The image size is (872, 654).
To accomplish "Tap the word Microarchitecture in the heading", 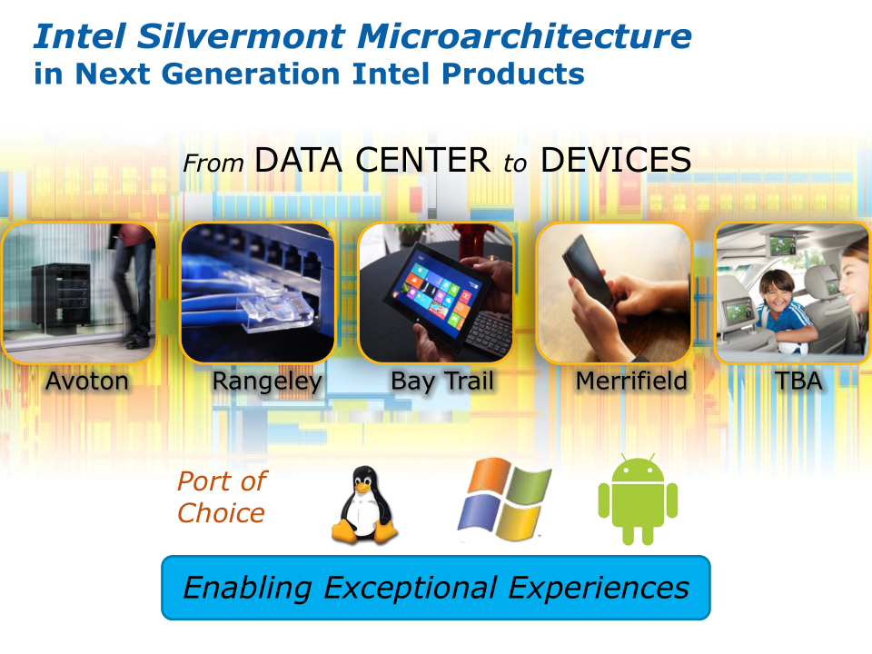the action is point(524,36).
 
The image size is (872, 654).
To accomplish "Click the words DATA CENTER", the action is point(372,160).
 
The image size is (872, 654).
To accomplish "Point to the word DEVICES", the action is point(616,160).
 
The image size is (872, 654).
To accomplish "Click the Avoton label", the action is point(87,381).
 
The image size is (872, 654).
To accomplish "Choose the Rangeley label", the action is point(267,382).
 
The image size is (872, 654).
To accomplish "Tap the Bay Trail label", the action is point(442,382).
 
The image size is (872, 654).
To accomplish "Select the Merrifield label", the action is point(632,381).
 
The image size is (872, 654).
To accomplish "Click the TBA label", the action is point(798,381).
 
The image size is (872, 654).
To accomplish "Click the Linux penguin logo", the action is point(364,505).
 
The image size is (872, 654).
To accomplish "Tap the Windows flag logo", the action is point(504,499).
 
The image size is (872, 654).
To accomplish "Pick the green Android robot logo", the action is point(638,500).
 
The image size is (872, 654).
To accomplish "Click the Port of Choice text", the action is point(222,497).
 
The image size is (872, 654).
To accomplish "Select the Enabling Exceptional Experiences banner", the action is point(436,588).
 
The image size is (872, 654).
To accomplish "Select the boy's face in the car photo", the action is point(778,293).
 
